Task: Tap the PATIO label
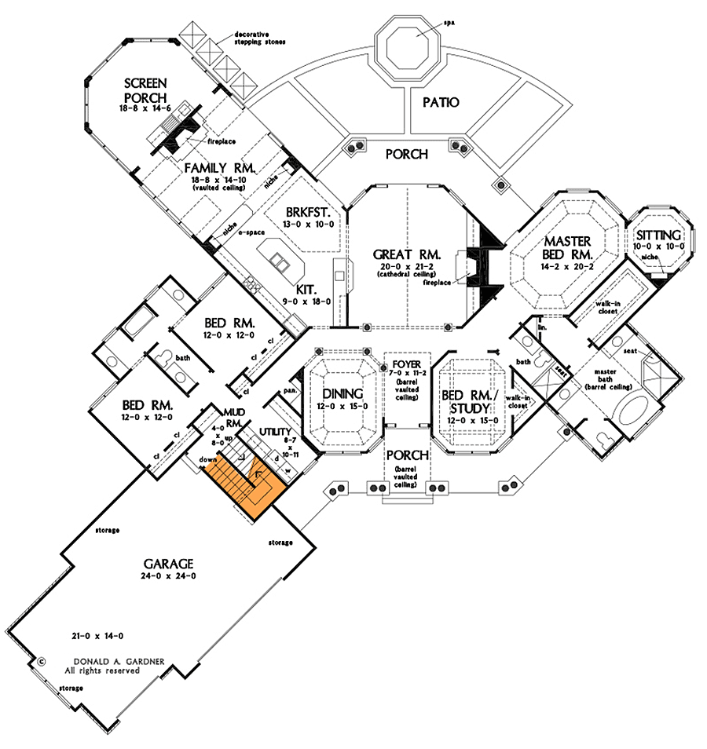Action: (x=441, y=102)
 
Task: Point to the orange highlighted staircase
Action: (x=240, y=485)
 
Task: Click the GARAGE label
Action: (x=169, y=563)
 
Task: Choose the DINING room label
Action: (x=343, y=393)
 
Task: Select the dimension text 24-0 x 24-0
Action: (x=169, y=576)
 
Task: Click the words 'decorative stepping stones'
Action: (x=259, y=38)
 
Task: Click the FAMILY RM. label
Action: (x=206, y=168)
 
